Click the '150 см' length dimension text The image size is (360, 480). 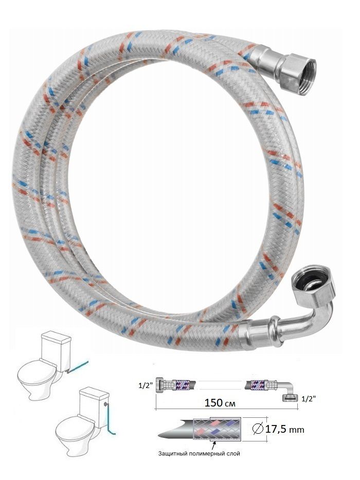(220, 403)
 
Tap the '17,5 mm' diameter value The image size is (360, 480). (284, 430)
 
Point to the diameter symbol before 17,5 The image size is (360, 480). (258, 429)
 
